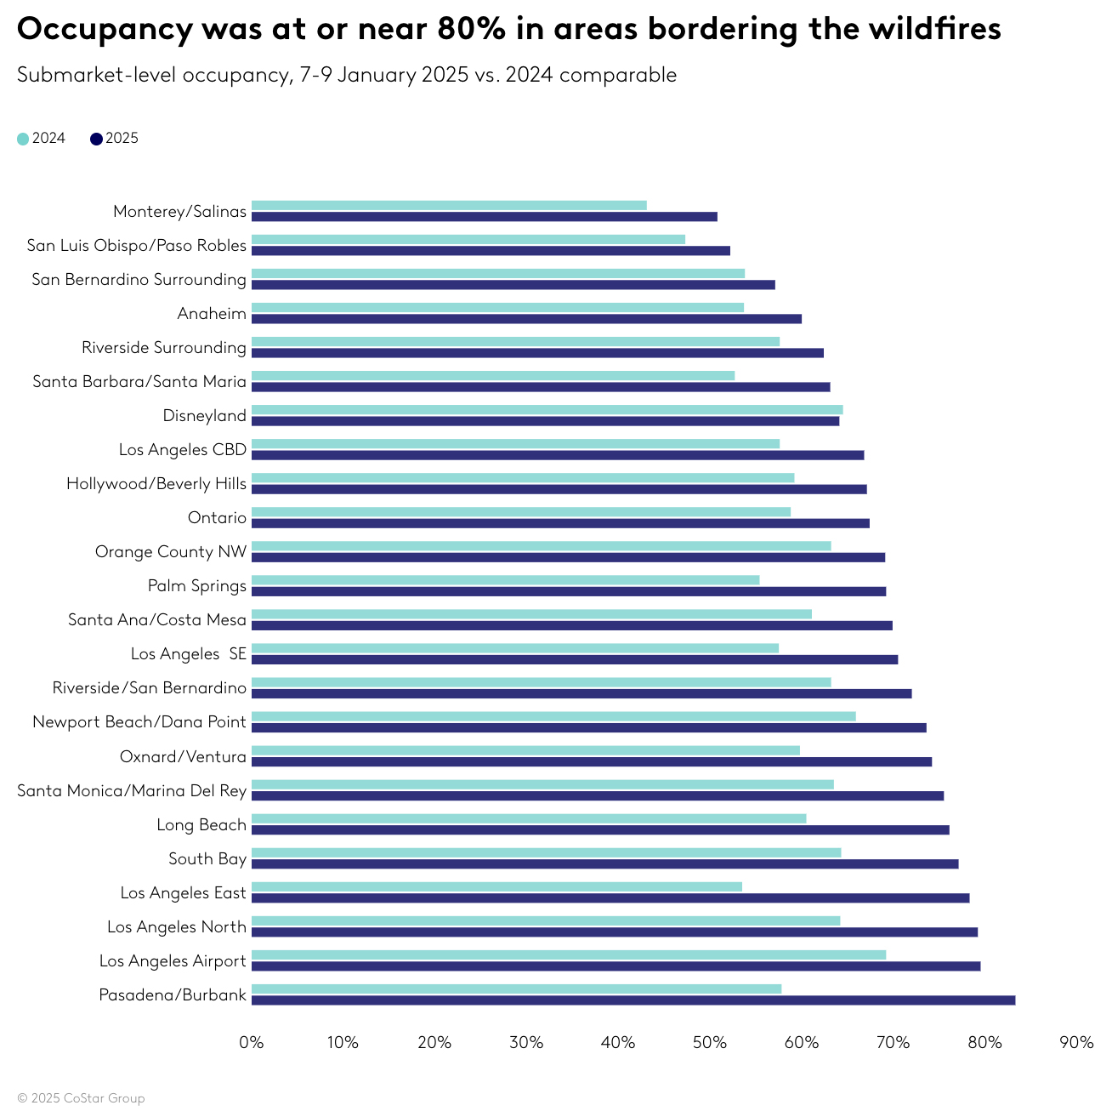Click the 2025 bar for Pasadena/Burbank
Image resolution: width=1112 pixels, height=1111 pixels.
pos(633,1000)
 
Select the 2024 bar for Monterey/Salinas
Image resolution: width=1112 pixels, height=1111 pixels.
pos(449,205)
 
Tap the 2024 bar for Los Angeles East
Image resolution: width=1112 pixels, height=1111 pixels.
pos(496,886)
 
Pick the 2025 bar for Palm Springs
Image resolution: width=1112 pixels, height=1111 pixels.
pos(569,591)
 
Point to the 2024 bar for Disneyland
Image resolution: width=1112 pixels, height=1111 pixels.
pos(547,409)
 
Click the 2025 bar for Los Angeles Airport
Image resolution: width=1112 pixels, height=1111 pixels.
pos(616,966)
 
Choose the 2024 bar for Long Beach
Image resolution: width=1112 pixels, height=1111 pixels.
pos(529,818)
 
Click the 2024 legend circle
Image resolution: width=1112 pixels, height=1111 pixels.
pos(23,139)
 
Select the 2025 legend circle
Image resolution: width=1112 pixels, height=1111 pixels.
pos(96,139)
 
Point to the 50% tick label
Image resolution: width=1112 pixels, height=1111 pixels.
pos(709,1043)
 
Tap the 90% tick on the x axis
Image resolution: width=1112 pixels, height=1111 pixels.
pos(1076,1043)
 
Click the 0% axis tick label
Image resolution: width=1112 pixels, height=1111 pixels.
pos(252,1043)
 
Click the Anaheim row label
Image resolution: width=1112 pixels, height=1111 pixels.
pos(212,314)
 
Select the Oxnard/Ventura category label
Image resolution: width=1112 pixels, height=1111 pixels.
pos(183,757)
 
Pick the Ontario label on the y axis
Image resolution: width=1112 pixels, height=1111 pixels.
pos(217,518)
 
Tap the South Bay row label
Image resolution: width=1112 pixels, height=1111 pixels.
pos(207,859)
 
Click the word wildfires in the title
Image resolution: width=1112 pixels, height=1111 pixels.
pos(934,30)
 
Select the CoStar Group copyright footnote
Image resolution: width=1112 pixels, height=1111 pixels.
pos(81,1098)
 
